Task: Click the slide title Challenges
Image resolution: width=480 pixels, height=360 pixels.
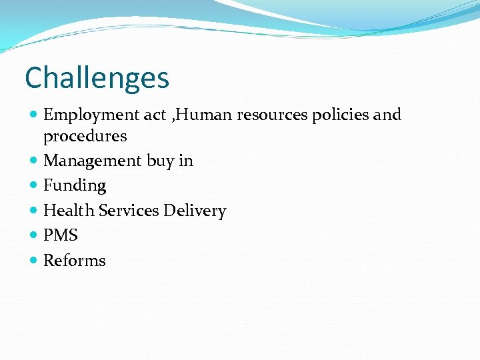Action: point(97,78)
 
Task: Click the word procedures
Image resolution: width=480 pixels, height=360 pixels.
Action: point(85,137)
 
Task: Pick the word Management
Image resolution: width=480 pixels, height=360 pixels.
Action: point(92,161)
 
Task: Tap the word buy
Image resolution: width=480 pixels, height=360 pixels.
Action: point(161,161)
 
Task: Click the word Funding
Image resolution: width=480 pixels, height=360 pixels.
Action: point(75,186)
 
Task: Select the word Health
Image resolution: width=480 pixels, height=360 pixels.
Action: point(69,211)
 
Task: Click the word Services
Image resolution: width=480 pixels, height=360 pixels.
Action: point(129,211)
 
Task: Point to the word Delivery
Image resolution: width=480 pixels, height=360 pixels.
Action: point(195,211)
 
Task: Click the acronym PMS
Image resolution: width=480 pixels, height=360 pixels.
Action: point(61,235)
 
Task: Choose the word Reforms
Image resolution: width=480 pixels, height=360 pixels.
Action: point(74,260)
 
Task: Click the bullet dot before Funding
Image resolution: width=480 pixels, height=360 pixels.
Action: point(34,186)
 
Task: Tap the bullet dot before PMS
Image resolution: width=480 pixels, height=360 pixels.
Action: point(34,235)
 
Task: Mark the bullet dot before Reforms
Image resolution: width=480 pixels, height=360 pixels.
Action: point(34,261)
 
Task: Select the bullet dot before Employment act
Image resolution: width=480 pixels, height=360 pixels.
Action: point(34,115)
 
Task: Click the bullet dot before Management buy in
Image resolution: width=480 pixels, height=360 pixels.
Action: point(34,161)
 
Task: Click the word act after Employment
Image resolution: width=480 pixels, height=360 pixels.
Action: point(155,115)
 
